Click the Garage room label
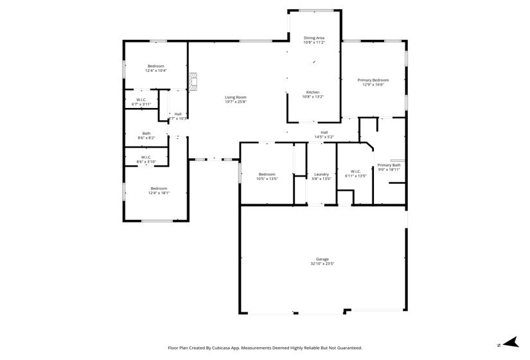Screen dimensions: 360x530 point(322,259)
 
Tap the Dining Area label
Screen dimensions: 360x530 point(314,38)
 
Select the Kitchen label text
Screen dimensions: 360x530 point(313,92)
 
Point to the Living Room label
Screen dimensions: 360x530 point(236,97)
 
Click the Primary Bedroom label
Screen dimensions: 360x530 point(373,80)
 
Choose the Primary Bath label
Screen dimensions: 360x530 point(389,165)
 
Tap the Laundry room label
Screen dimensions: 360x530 point(321,174)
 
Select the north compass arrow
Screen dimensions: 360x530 point(510,342)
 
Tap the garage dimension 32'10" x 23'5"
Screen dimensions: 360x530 point(322,264)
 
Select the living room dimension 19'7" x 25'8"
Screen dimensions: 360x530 point(236,102)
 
